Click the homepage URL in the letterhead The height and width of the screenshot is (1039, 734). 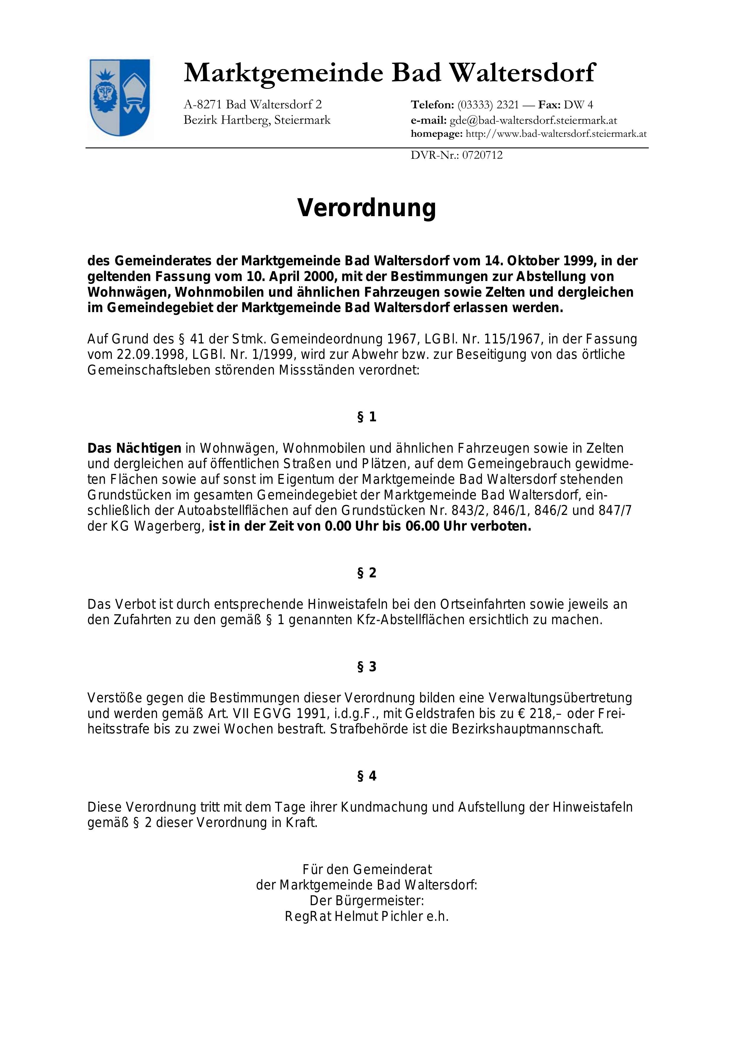(556, 134)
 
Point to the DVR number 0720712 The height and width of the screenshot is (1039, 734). (482, 155)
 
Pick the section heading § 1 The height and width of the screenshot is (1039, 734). (366, 417)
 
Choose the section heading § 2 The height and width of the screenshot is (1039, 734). (366, 573)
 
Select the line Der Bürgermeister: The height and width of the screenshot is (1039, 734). (366, 900)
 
